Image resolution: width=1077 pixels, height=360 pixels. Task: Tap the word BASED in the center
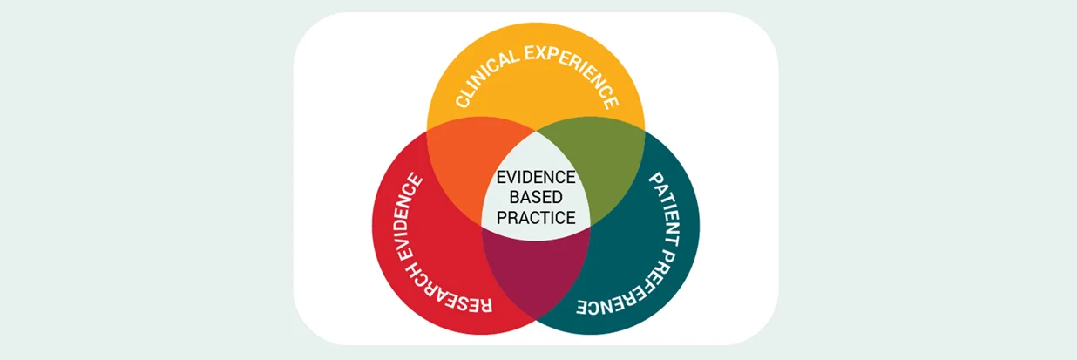536,197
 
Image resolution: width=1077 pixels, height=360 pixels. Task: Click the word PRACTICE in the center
536,218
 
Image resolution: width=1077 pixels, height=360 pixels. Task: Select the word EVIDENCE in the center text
536,177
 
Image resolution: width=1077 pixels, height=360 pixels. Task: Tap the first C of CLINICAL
463,100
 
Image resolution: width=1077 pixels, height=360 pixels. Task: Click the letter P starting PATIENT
657,180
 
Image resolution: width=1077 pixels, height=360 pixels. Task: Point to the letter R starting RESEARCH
484,305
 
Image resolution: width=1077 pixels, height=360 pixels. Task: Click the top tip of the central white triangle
536,131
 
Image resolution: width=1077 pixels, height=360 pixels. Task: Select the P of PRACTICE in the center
502,218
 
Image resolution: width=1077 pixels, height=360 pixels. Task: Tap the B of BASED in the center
514,197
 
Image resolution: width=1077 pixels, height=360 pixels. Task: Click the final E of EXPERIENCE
611,102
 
